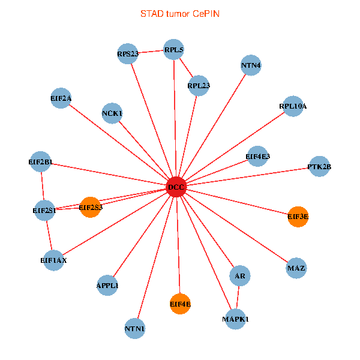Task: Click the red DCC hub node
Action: point(176,187)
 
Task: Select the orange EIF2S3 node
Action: point(90,208)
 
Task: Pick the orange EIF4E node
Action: point(180,304)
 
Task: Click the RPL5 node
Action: point(173,50)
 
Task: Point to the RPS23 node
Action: point(128,54)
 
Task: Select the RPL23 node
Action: point(199,86)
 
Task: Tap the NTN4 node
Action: point(251,65)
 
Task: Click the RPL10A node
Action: point(293,106)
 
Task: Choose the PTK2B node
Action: point(319,166)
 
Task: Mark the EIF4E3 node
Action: point(258,157)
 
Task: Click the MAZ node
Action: point(296,267)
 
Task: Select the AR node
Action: point(240,276)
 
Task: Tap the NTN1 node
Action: point(135,328)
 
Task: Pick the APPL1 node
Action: point(107,285)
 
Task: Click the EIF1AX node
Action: point(53,260)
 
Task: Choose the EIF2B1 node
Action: point(40,161)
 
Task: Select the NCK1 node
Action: point(112,113)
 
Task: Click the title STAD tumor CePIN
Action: point(179,13)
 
